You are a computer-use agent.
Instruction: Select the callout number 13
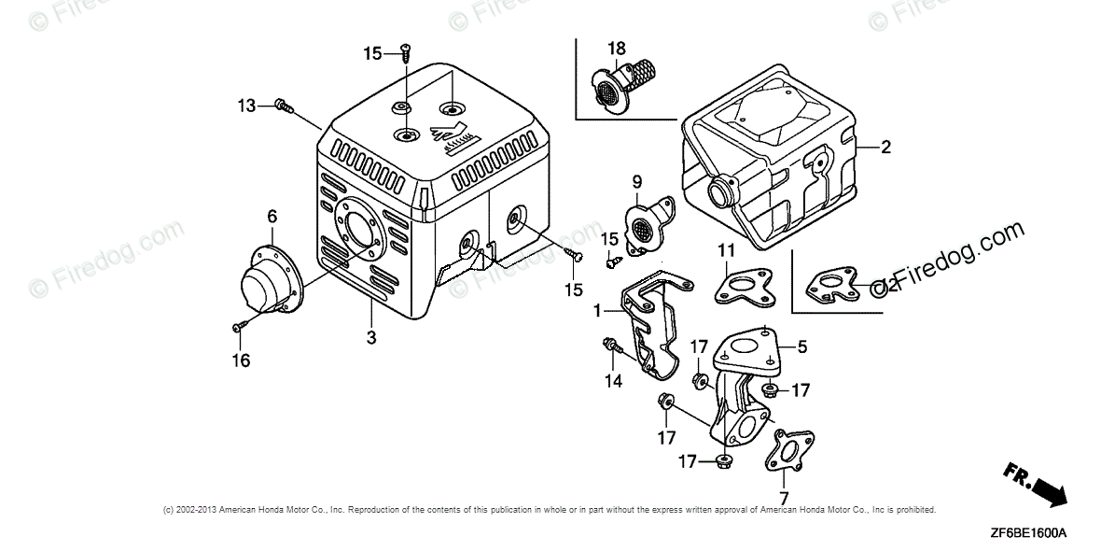245,106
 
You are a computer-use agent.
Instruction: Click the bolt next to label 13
282,107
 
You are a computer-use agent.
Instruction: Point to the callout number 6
272,217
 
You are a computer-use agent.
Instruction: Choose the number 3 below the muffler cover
371,337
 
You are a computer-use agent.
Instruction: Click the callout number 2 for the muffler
885,146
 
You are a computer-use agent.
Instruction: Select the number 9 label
637,182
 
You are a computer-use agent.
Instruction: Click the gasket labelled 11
743,281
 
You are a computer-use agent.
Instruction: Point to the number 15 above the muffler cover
372,53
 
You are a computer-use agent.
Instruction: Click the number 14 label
612,380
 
